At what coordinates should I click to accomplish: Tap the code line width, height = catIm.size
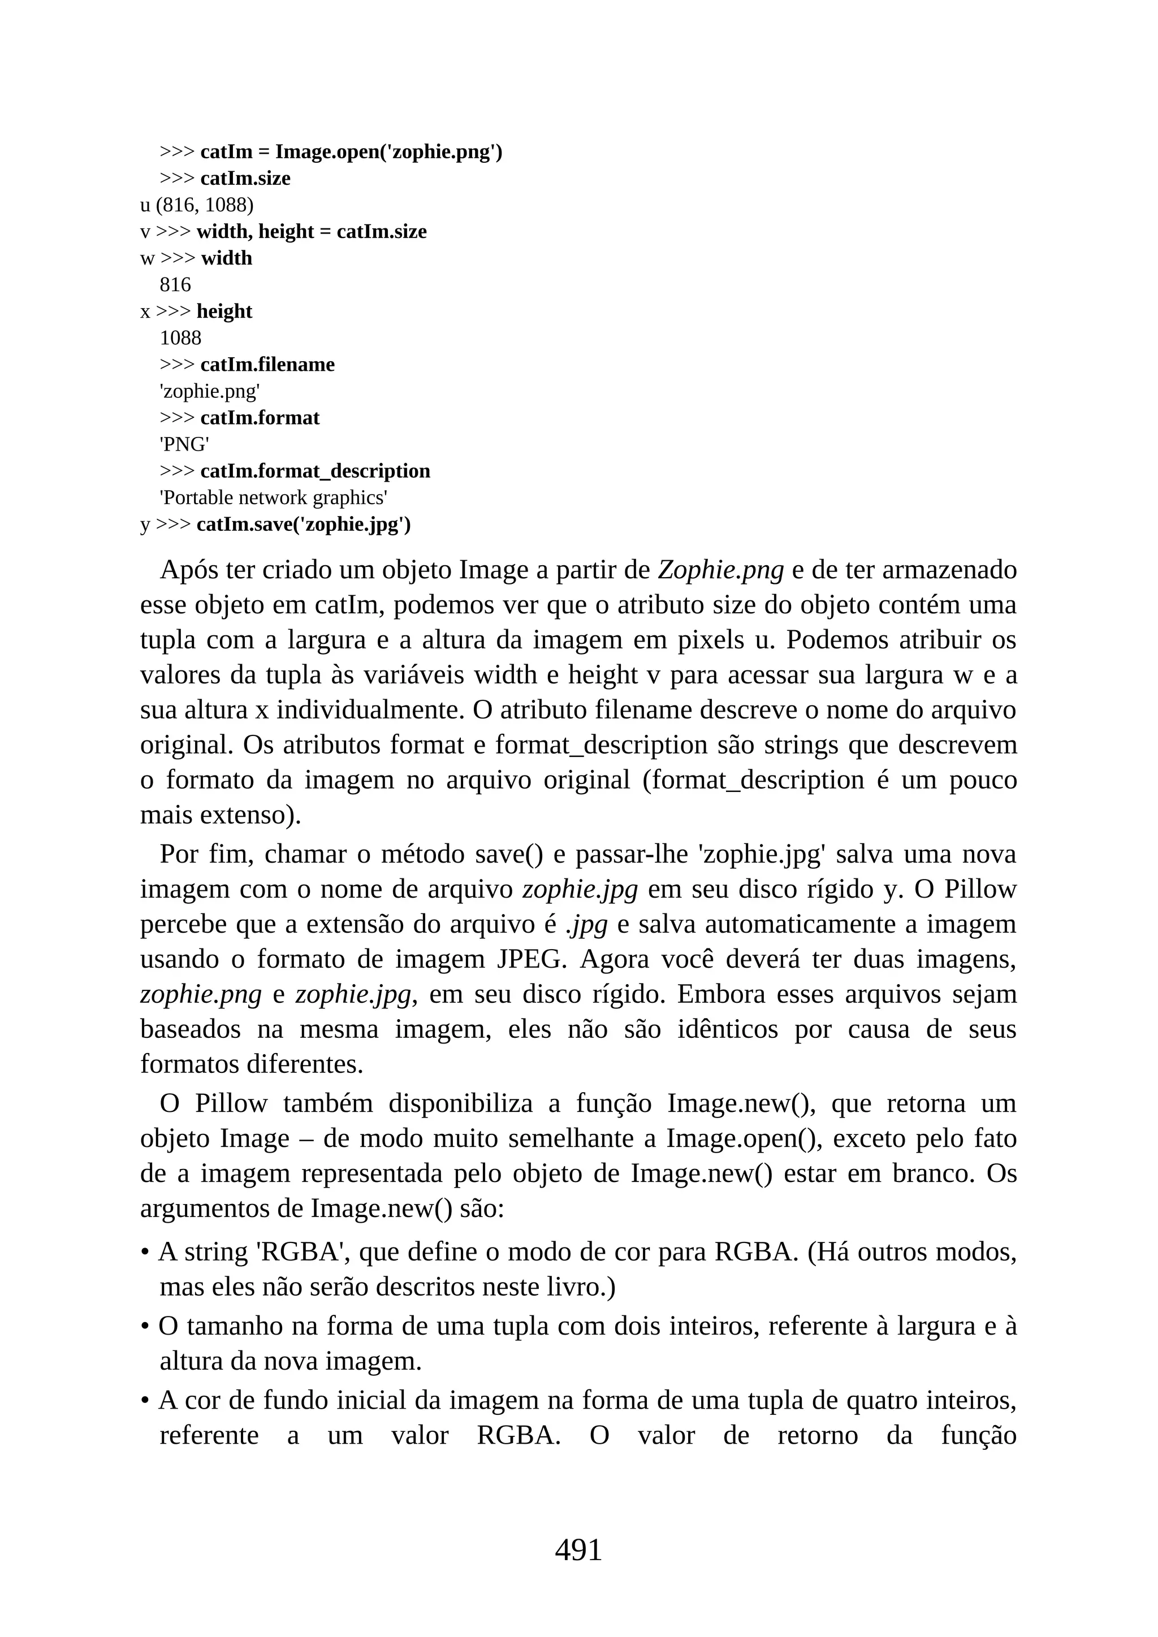311,232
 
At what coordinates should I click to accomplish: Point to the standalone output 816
175,285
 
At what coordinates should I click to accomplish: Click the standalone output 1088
180,338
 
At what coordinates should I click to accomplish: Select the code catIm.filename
267,365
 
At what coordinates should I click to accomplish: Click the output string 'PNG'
184,445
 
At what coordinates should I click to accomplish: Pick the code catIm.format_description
315,471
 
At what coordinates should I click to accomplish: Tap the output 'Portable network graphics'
273,497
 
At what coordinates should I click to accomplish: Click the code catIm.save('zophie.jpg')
304,525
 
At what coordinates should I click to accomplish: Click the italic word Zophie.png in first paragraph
720,570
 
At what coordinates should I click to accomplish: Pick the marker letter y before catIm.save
145,526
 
